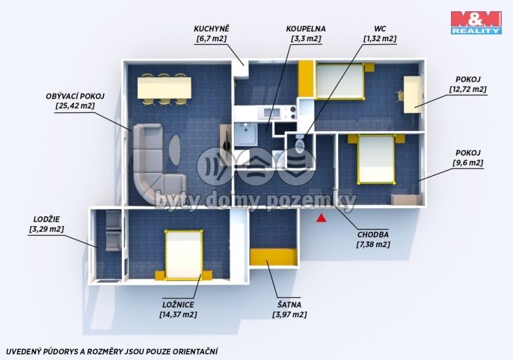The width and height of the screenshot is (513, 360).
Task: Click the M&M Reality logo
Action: (x=476, y=22)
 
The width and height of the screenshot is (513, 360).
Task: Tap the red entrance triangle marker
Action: (x=322, y=218)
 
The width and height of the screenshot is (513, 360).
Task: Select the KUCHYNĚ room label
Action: (x=212, y=29)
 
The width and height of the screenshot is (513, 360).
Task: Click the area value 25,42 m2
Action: (x=76, y=106)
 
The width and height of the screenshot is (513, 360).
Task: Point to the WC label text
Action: (x=380, y=29)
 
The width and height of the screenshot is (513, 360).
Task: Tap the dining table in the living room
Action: (x=165, y=88)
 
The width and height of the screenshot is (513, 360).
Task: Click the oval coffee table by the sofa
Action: (x=175, y=150)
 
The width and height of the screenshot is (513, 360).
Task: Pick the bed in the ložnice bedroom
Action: (x=183, y=255)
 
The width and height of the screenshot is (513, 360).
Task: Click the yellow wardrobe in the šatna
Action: (x=274, y=257)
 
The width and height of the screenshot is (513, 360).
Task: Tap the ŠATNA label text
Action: (x=289, y=305)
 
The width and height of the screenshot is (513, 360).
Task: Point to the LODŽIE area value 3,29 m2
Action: (x=46, y=229)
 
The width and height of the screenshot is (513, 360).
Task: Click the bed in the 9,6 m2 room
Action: (x=376, y=159)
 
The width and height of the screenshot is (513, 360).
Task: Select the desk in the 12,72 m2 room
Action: (x=412, y=94)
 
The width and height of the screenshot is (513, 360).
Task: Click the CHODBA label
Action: (x=373, y=234)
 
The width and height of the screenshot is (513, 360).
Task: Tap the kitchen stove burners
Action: (x=292, y=113)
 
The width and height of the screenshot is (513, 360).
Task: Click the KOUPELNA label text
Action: (x=306, y=29)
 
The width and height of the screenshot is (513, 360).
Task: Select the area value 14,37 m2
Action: (x=178, y=314)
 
